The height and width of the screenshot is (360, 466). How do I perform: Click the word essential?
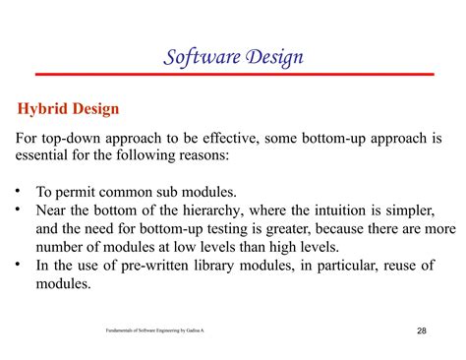[44, 156]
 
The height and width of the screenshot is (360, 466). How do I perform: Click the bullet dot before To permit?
[20, 192]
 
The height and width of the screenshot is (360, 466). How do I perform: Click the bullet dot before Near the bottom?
[20, 210]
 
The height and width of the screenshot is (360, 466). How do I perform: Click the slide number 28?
[421, 330]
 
